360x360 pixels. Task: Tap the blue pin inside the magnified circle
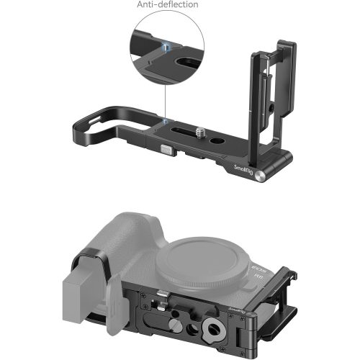(x=166, y=48)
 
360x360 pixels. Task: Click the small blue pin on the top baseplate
(x=166, y=122)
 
